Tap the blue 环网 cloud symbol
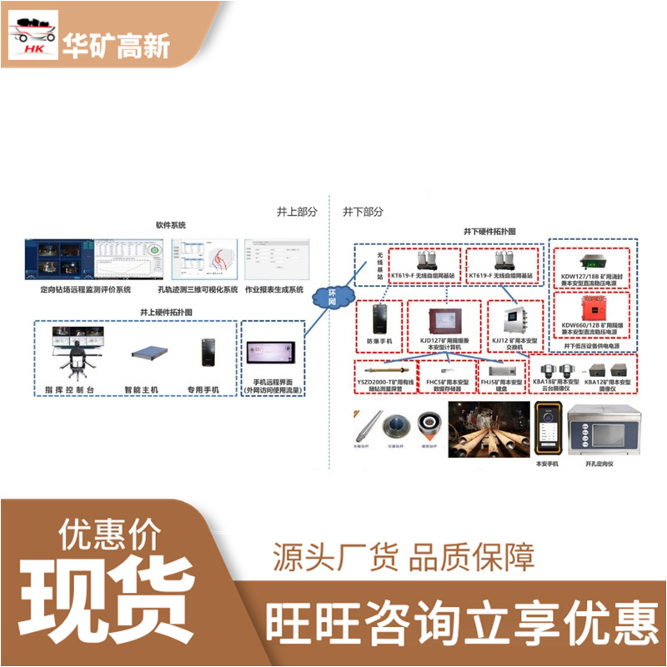pyautogui.click(x=331, y=296)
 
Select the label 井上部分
pyautogui.click(x=297, y=212)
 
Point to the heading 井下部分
pyautogui.click(x=363, y=212)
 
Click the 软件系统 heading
pyautogui.click(x=170, y=226)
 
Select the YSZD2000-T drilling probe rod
pyautogui.click(x=387, y=368)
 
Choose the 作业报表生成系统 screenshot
pyautogui.click(x=276, y=258)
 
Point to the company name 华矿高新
pyautogui.click(x=116, y=46)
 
